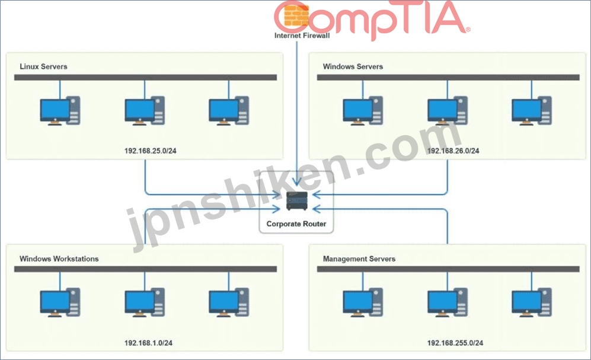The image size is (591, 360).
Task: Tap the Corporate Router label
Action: coord(296,224)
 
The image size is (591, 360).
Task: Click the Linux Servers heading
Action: coord(43,66)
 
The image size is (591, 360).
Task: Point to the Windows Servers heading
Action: coord(353,66)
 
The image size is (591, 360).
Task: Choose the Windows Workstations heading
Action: coord(59,259)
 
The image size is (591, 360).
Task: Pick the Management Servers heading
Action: coord(359,259)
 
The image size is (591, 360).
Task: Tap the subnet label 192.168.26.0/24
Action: coord(453,151)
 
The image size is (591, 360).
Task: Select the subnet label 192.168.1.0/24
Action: coord(148,343)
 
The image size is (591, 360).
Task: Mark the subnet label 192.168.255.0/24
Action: coord(455,343)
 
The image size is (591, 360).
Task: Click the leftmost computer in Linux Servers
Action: coord(60,111)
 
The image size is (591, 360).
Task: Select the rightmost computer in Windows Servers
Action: coord(532,111)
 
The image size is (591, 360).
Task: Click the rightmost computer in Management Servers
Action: coord(532,302)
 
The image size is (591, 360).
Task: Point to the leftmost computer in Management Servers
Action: coord(363,302)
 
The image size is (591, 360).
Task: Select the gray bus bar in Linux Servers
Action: coord(145,77)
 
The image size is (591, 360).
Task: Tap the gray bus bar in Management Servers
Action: coord(448,269)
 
